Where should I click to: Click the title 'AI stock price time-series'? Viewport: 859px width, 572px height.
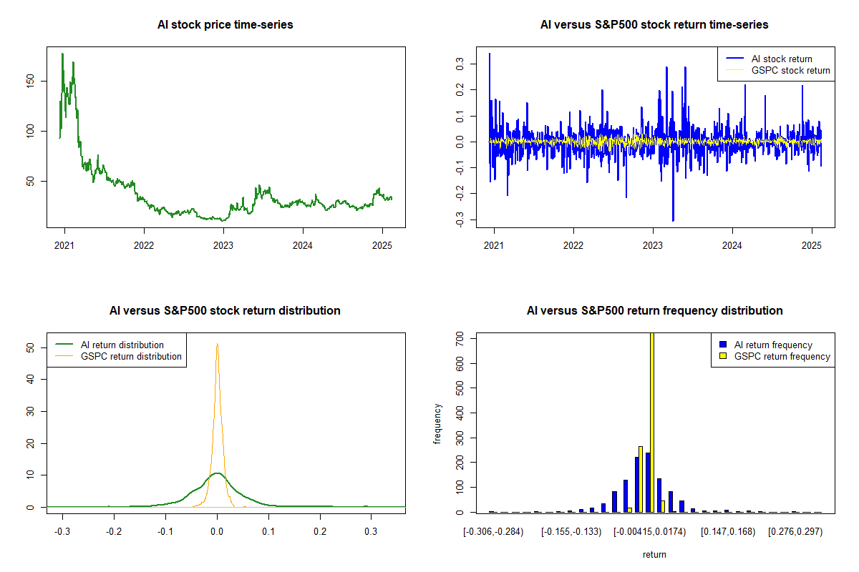(225, 25)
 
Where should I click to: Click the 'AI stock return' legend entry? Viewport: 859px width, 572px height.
(781, 59)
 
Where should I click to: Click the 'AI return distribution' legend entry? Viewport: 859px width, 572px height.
(122, 345)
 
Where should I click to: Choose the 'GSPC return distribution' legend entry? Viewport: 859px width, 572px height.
(131, 356)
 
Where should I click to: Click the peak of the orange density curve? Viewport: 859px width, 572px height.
(217, 345)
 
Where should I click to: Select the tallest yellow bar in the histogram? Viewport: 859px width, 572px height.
(651, 422)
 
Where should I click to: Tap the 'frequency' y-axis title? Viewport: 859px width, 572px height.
(437, 423)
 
